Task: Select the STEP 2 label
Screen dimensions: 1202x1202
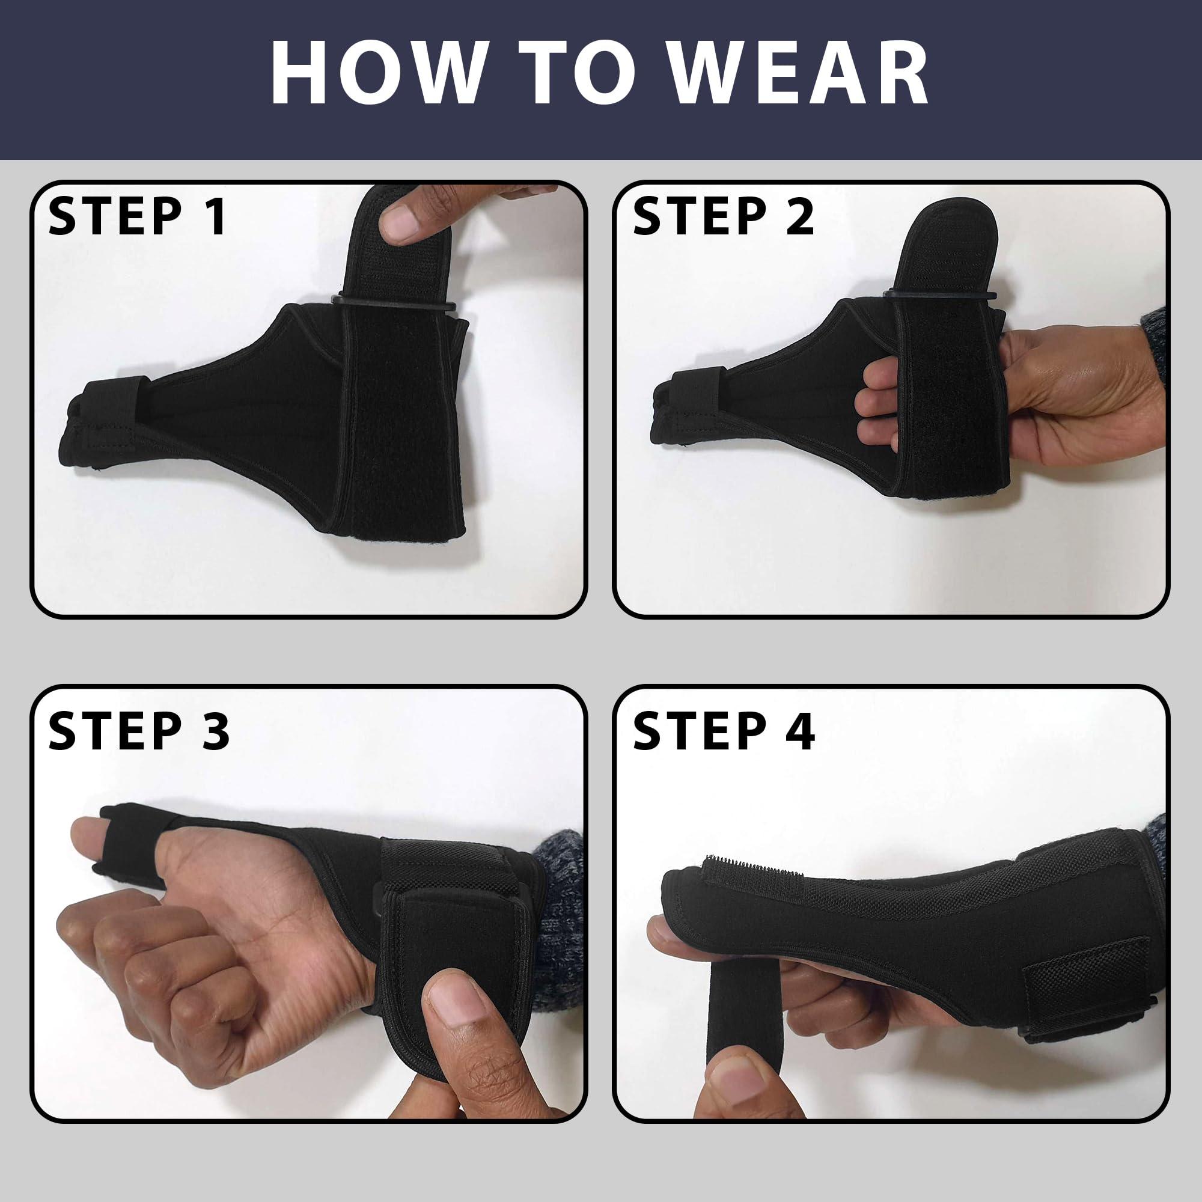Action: [723, 217]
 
